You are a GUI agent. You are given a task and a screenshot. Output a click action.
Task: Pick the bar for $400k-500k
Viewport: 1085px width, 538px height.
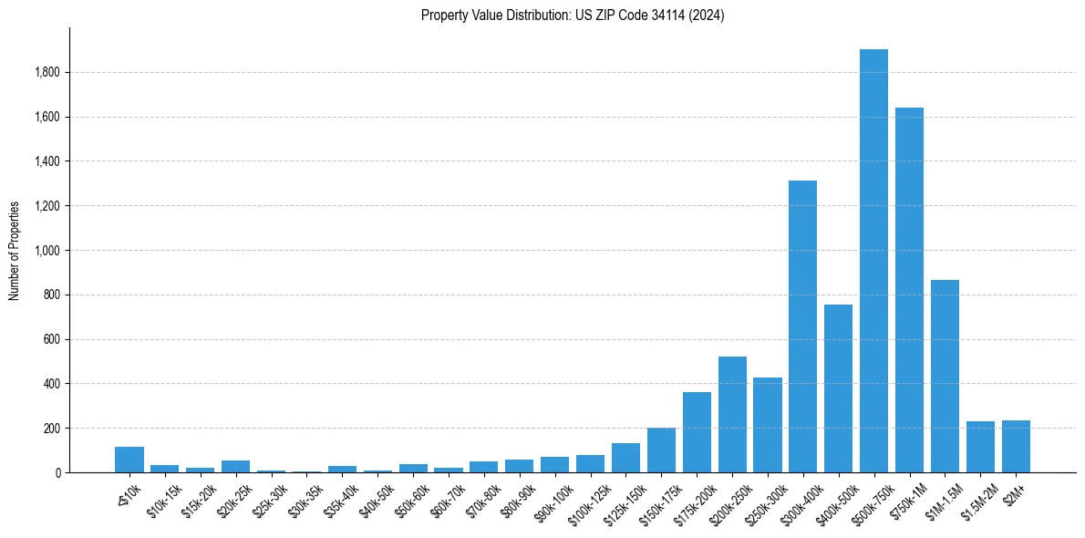(x=838, y=388)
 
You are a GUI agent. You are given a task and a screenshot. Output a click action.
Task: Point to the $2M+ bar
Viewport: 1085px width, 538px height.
(x=1016, y=447)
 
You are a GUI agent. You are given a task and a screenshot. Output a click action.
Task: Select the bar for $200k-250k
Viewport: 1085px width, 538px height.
(x=732, y=415)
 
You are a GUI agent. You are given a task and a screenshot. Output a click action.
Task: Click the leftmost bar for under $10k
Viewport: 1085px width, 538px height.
(x=129, y=460)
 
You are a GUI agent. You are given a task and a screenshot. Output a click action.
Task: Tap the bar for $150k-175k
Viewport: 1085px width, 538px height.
(x=661, y=450)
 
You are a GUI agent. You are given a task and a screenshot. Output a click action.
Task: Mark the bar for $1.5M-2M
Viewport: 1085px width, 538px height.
(x=980, y=447)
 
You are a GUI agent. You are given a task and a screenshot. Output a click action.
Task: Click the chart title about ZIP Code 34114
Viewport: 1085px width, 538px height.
(x=573, y=16)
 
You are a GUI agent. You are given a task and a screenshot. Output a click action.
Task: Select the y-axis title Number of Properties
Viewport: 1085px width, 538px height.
(x=15, y=250)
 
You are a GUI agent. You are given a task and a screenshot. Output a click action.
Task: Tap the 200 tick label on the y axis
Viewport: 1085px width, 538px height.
(x=52, y=429)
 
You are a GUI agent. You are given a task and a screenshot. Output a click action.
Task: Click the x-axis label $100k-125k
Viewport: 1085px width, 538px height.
(x=583, y=500)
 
